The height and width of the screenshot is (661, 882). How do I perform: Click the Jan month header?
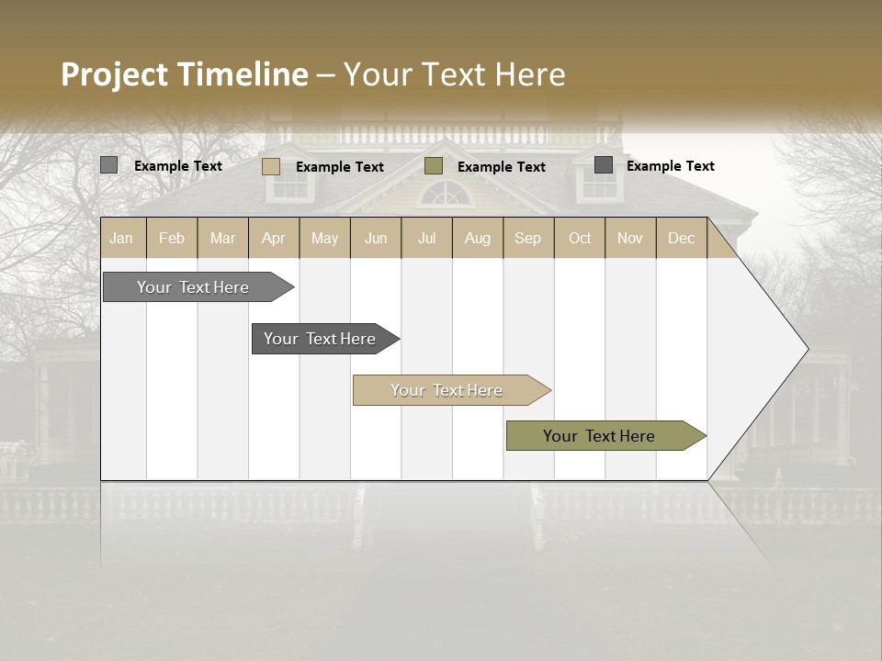tap(121, 238)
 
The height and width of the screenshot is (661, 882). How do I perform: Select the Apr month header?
tap(273, 238)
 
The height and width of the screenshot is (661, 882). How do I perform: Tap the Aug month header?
tap(477, 238)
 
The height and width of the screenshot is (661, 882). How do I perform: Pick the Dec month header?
tap(681, 238)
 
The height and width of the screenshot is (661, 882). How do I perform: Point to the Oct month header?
tap(579, 238)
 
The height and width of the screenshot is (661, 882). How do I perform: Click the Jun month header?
tap(375, 238)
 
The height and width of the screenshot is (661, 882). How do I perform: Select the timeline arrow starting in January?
tap(193, 287)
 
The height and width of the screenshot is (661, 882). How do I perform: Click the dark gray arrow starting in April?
tap(320, 339)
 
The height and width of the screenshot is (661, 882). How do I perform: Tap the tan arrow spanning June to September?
tap(447, 390)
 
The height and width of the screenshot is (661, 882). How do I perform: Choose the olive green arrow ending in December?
tap(599, 436)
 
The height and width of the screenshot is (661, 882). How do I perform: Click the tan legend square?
tap(270, 166)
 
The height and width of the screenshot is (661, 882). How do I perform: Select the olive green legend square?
tap(434, 166)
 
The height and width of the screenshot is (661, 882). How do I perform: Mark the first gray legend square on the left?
tap(108, 165)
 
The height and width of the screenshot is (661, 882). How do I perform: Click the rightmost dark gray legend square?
tap(603, 165)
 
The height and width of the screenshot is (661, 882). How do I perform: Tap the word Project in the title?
tap(115, 74)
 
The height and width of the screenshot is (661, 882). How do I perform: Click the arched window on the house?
tap(445, 194)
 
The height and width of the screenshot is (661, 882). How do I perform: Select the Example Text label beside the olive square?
tap(501, 167)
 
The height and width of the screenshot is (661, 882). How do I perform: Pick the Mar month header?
tap(222, 238)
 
